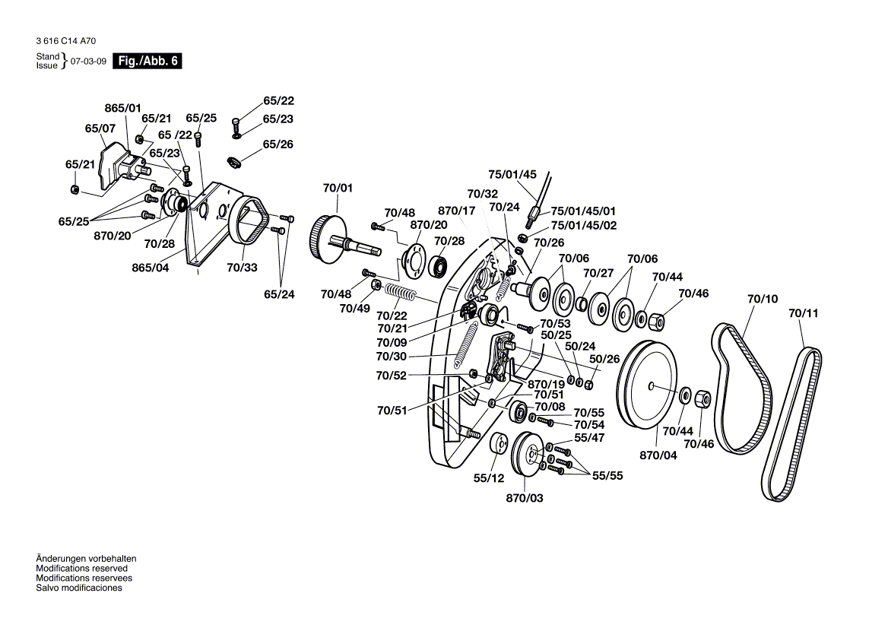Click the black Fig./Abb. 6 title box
click(147, 61)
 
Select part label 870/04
click(658, 455)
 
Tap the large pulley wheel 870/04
click(647, 385)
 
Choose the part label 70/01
click(338, 188)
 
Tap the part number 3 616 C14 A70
click(65, 41)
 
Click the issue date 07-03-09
click(88, 61)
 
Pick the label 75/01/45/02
click(583, 225)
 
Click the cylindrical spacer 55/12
click(499, 443)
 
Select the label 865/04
click(150, 268)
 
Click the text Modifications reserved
click(81, 569)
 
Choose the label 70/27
click(598, 273)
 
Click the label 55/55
click(607, 476)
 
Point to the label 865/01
click(123, 108)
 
